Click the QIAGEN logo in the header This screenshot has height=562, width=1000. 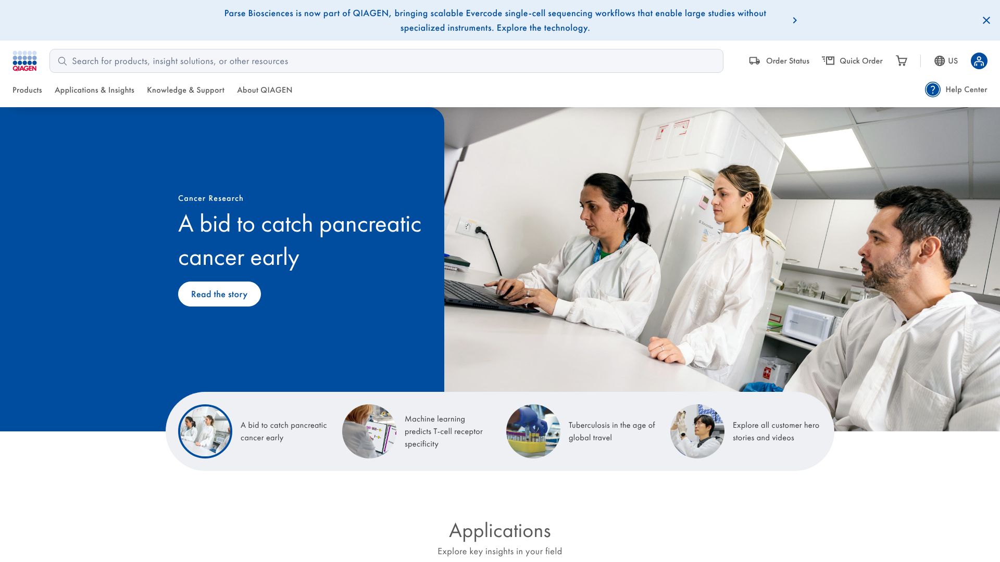[24, 61]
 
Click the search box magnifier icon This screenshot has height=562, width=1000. [63, 61]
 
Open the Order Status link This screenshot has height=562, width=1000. [779, 61]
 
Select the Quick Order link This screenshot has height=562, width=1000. [852, 61]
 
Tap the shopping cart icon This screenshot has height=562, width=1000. [902, 61]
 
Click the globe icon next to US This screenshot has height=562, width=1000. [940, 61]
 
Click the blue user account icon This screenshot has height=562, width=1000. [979, 61]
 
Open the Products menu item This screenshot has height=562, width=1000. [27, 90]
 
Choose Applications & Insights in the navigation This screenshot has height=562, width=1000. [94, 90]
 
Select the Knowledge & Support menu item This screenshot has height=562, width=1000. [185, 90]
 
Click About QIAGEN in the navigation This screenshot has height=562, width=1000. [265, 90]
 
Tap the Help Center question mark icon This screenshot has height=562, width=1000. [933, 90]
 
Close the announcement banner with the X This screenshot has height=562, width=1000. [986, 20]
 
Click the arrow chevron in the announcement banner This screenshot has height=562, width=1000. [795, 20]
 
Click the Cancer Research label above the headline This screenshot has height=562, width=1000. [210, 198]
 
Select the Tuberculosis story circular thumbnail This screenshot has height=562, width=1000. [533, 431]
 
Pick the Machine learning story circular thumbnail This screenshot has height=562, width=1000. [369, 431]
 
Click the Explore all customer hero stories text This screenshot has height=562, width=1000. [776, 431]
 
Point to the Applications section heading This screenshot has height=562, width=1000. [500, 531]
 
